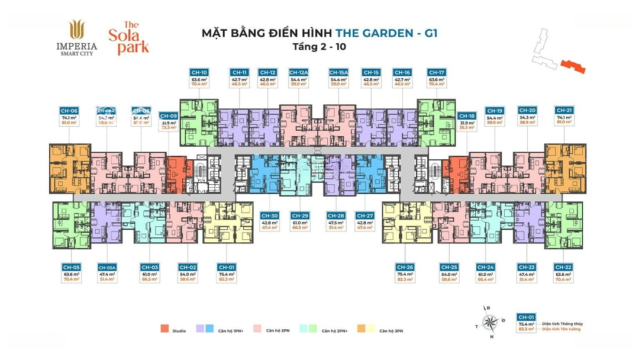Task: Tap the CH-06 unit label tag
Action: click(69, 111)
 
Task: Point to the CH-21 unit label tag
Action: click(564, 111)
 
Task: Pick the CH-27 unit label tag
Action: click(365, 216)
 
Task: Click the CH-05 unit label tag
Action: click(72, 267)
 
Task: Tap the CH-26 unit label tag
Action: click(405, 267)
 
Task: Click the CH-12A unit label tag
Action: click(298, 72)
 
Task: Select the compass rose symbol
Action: click(490, 322)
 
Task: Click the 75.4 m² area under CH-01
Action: click(226, 274)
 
